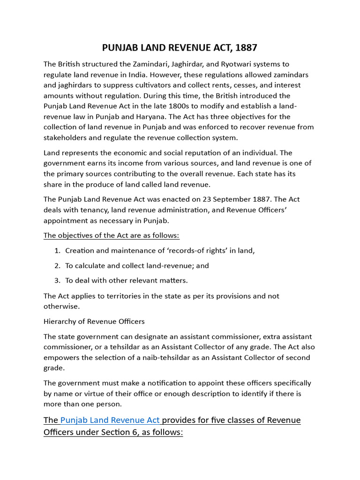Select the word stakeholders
coord(65,137)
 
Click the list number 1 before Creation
coord(57,250)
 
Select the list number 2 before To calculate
coord(57,265)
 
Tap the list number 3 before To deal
coord(57,280)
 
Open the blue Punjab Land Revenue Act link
coord(110,420)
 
